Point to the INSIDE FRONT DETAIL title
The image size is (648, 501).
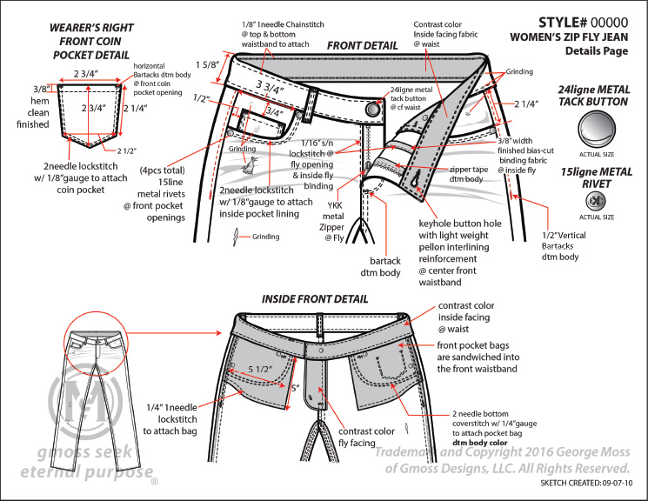(314, 298)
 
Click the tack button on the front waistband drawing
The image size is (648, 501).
(373, 110)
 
